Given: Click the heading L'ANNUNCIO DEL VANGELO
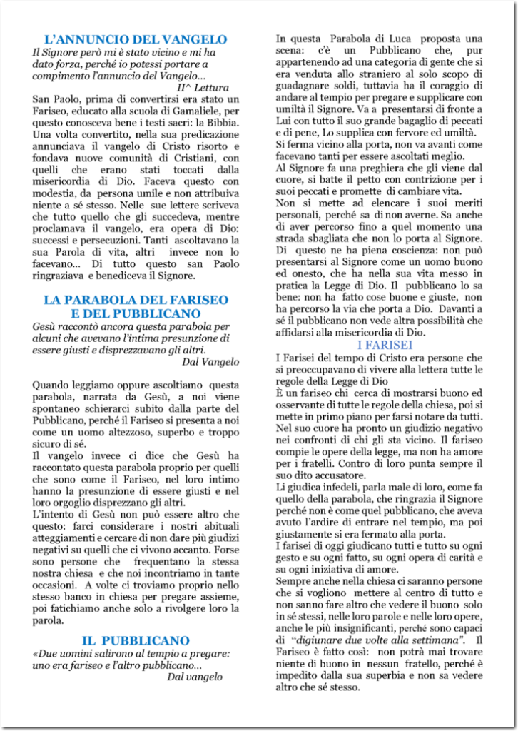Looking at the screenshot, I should tap(136, 39).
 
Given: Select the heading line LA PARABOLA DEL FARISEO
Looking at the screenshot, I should tap(136, 300).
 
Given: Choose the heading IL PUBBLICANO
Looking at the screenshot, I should tap(135, 640).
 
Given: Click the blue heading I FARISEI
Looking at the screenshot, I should tap(385, 345).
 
